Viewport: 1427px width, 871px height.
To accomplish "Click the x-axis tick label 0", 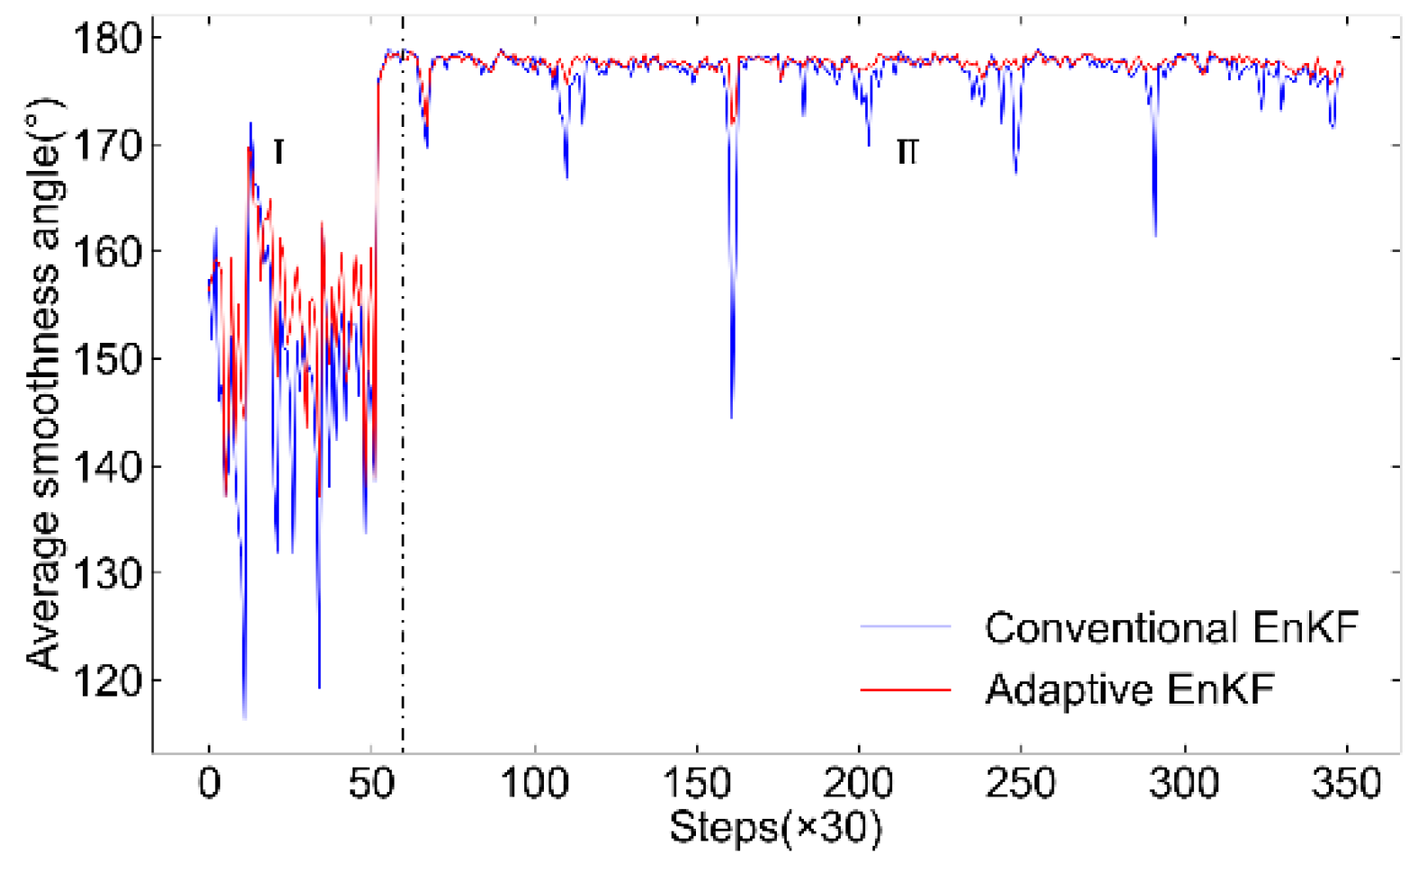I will click(209, 784).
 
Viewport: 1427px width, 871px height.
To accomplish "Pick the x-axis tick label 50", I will click(370, 784).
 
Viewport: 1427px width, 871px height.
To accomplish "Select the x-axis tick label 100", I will click(534, 784).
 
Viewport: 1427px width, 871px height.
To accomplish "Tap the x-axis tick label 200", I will click(859, 784).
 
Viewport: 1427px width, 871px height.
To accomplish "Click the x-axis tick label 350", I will click(1346, 784).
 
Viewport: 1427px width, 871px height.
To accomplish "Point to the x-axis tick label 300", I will click(1183, 784).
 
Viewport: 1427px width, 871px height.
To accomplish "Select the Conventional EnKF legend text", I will click(1171, 628).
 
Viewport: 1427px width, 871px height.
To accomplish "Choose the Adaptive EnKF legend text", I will click(1129, 690).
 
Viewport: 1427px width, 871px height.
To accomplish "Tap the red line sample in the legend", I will click(905, 690).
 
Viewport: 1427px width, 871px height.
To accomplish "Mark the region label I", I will click(279, 152).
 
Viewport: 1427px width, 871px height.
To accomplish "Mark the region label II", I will click(907, 152).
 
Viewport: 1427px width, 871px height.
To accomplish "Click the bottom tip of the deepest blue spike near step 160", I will click(731, 418).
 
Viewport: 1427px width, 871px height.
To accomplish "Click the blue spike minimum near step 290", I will click(1155, 236).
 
